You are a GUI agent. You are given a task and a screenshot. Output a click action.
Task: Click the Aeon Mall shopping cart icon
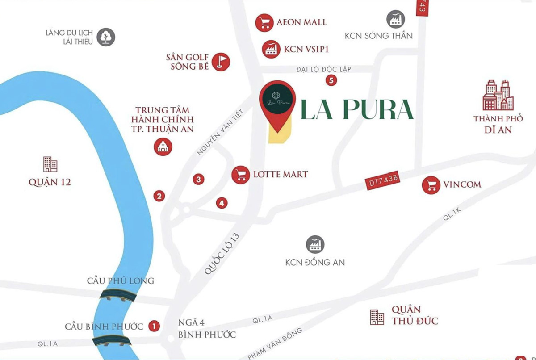264,22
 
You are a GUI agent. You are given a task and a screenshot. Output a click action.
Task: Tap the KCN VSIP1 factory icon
271,49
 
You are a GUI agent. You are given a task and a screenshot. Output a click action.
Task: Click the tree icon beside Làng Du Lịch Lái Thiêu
106,37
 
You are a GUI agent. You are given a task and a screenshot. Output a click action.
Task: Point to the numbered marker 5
331,80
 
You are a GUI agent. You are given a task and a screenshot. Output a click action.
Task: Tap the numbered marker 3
199,180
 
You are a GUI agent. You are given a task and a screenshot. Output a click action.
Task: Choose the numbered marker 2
159,195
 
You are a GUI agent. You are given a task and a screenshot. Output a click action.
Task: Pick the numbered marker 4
222,203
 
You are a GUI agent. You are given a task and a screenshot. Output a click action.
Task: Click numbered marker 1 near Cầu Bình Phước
154,326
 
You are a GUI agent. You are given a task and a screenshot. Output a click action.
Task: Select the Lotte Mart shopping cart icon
241,174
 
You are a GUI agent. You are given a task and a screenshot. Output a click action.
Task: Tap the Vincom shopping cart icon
431,185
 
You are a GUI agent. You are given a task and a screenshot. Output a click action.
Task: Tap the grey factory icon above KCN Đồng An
315,244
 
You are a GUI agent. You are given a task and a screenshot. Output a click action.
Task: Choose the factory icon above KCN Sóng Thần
395,19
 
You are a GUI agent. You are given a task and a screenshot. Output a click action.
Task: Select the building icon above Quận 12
50,164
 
